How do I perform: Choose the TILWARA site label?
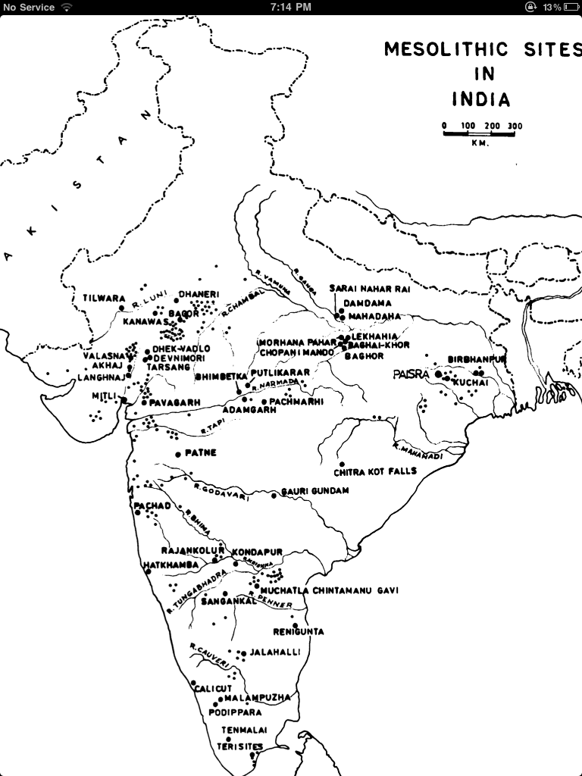pos(104,299)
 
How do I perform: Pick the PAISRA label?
pos(411,374)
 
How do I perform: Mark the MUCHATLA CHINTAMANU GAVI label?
pos(328,590)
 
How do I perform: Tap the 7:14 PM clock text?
pos(290,7)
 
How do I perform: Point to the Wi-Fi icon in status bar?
pos(67,7)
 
